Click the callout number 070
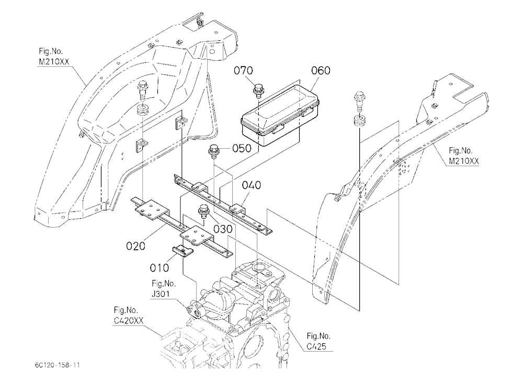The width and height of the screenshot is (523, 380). point(243,71)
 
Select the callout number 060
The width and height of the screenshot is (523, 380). point(321,71)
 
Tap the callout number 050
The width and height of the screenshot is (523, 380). point(242,148)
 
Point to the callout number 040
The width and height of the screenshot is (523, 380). point(252,185)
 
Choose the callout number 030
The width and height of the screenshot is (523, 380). point(223,229)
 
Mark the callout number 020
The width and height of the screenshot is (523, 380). point(136,246)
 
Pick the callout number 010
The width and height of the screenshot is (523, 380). point(160,267)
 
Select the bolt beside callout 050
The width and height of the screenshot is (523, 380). point(213,152)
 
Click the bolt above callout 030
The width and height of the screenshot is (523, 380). point(203,211)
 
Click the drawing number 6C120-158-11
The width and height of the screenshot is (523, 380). point(58,365)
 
